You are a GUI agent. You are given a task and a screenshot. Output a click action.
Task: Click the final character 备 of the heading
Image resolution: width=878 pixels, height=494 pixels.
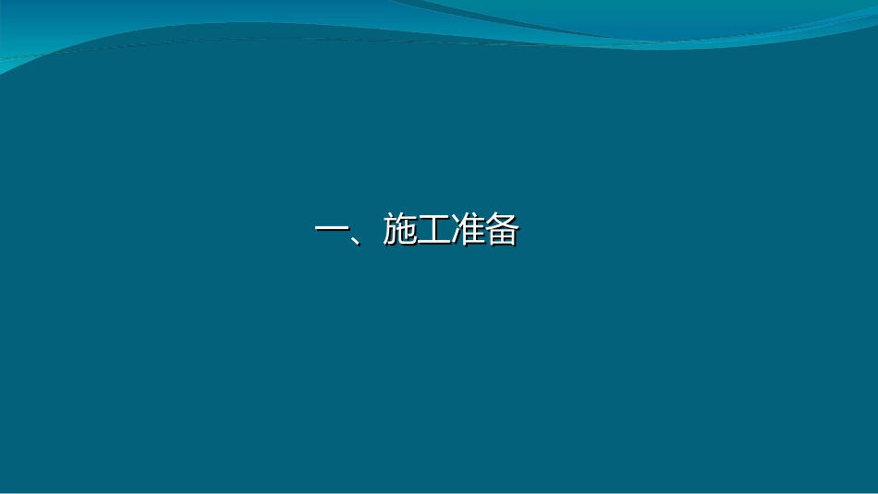(501, 231)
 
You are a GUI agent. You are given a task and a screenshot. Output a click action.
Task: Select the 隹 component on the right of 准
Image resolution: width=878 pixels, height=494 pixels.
(472, 231)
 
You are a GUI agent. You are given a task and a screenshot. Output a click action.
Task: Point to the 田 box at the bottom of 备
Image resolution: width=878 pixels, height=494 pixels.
(501, 239)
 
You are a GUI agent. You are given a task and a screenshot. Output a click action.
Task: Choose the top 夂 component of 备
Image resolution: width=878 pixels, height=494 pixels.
(501, 223)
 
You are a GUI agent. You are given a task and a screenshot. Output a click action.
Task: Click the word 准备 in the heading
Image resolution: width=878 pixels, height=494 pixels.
(484, 231)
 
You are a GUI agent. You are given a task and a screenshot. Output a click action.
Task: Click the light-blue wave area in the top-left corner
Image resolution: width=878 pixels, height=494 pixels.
(55, 37)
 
